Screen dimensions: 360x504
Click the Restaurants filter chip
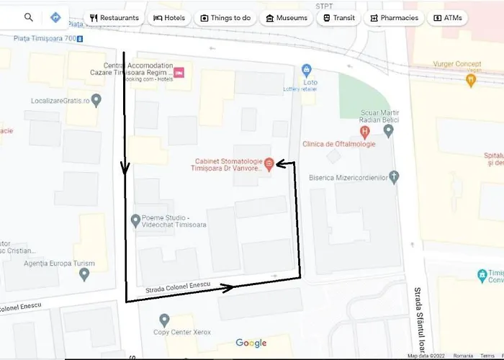(114, 18)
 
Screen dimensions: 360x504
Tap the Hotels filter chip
(169, 18)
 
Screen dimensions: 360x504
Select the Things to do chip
(227, 18)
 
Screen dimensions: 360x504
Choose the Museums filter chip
(287, 18)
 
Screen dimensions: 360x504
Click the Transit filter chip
(338, 18)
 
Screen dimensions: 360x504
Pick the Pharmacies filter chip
(394, 18)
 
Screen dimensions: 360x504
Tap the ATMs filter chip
(448, 18)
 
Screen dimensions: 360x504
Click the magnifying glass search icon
(29, 17)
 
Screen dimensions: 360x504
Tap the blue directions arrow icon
(55, 17)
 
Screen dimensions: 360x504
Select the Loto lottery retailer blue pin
(307, 71)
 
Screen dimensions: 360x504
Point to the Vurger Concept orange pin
(472, 81)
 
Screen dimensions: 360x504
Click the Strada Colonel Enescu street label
(177, 287)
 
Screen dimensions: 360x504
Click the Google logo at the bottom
(251, 343)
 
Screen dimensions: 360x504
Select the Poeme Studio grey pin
(136, 220)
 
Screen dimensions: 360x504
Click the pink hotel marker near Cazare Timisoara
(179, 73)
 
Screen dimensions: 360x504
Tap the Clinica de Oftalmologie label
(340, 143)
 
